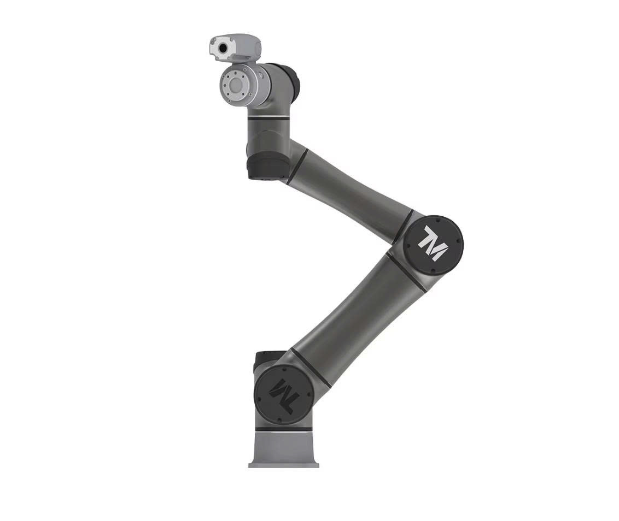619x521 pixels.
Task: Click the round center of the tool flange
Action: pyautogui.click(x=237, y=85)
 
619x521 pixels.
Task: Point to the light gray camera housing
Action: pyautogui.click(x=235, y=48)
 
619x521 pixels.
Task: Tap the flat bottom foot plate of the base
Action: pyautogui.click(x=283, y=465)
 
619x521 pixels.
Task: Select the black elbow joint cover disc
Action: pyautogui.click(x=434, y=245)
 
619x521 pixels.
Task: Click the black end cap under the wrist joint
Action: pyautogui.click(x=266, y=167)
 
